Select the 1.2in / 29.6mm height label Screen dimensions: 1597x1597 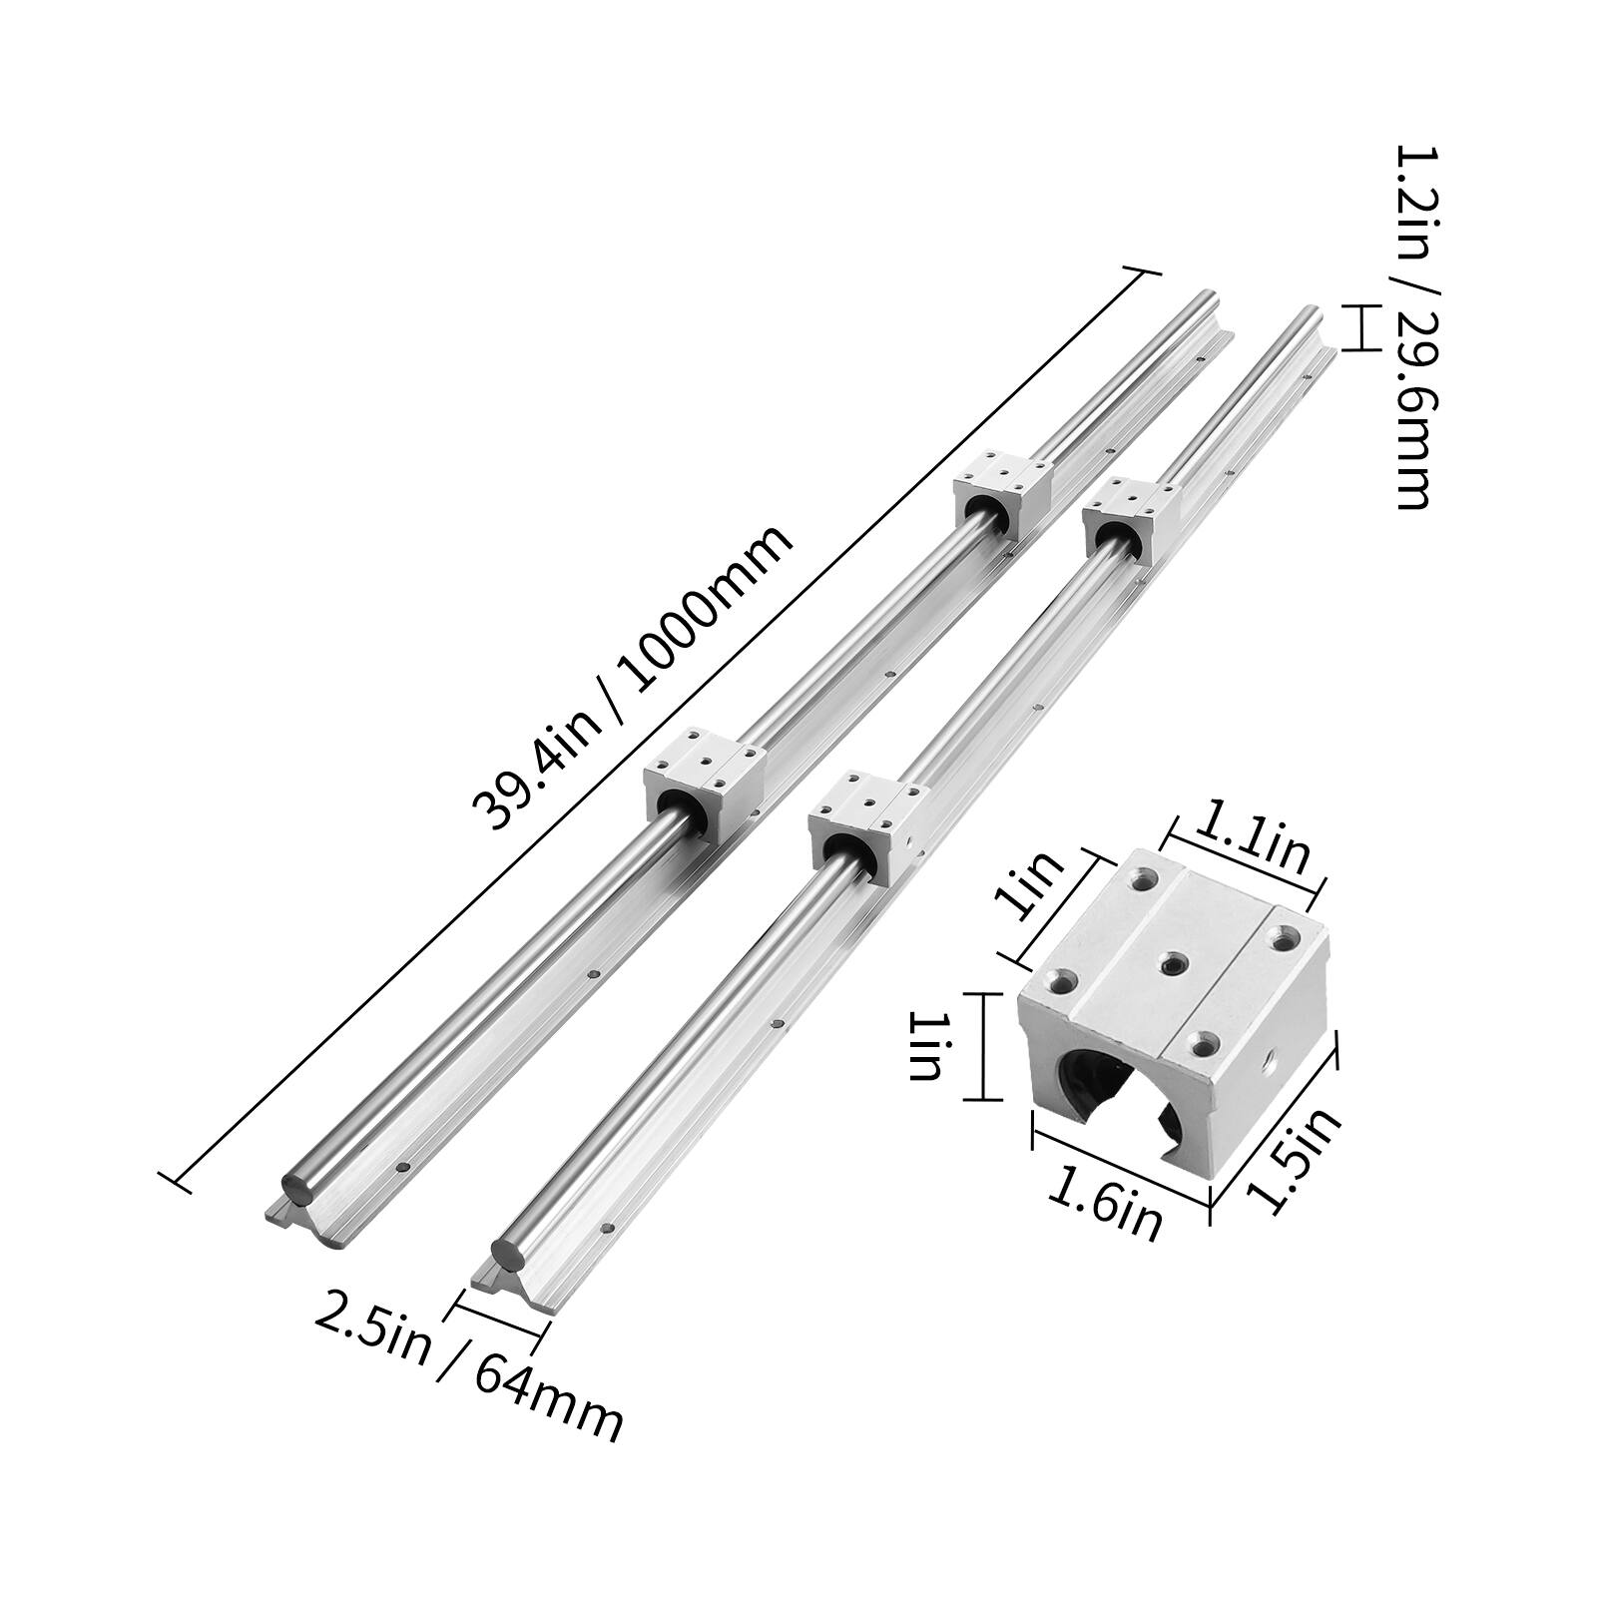[1409, 325]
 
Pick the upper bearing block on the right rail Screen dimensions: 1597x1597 [1133, 519]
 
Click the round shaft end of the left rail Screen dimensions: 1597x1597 [298, 1186]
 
